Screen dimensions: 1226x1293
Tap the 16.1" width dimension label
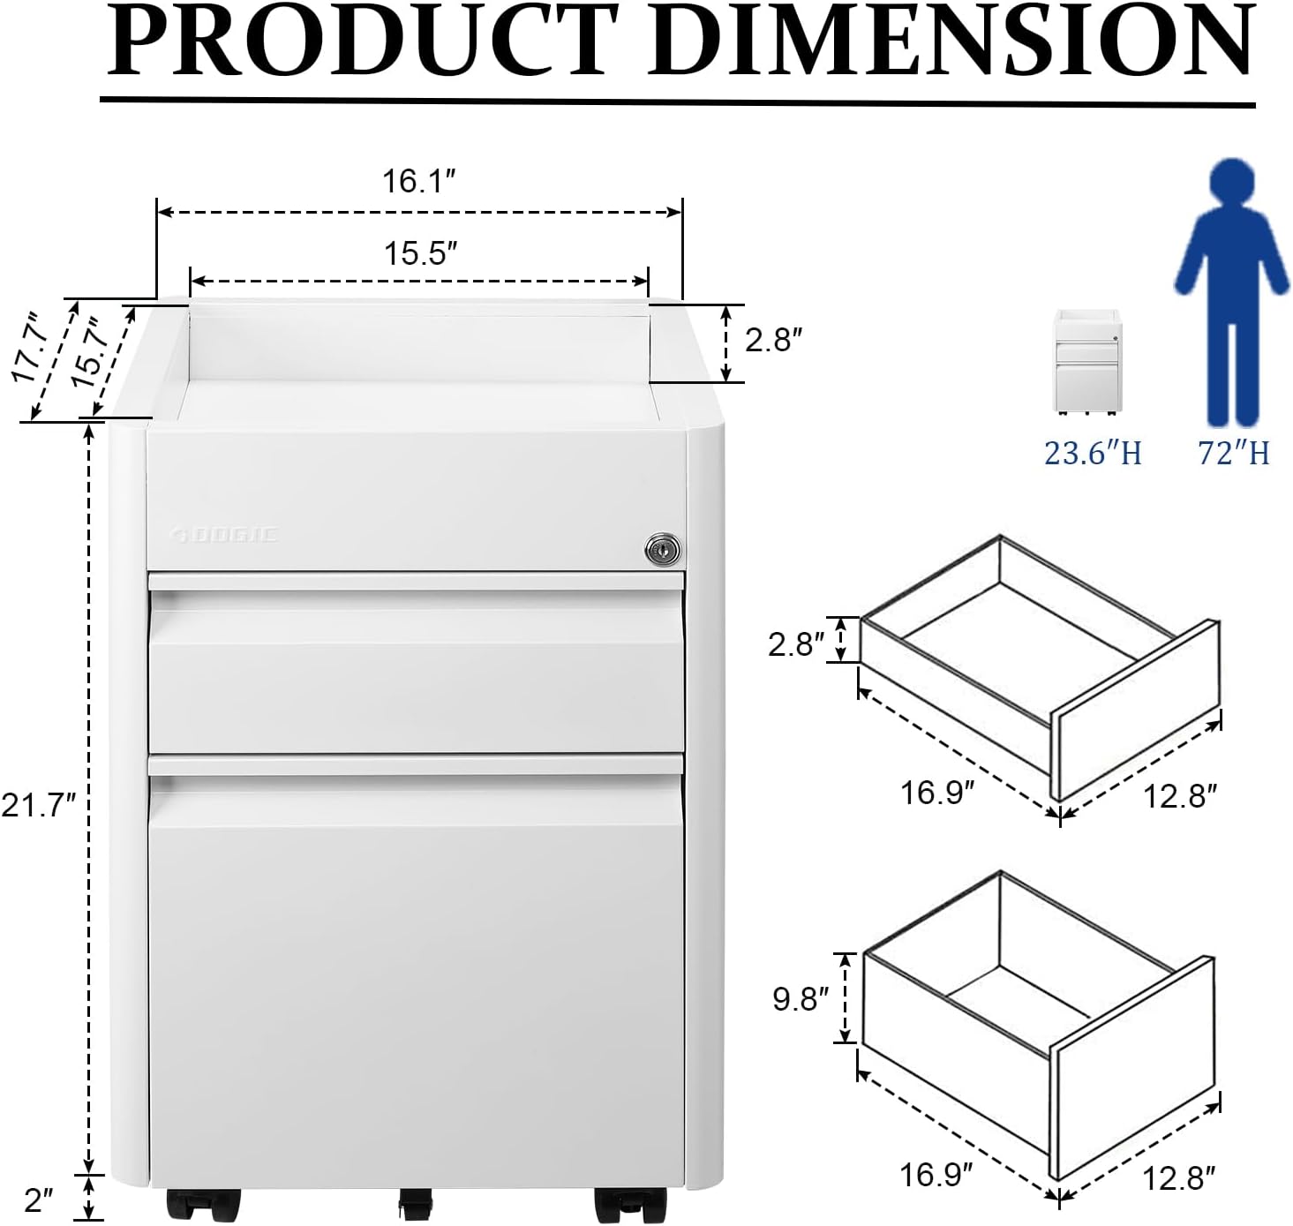(x=418, y=182)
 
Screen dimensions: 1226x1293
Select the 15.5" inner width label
(x=420, y=254)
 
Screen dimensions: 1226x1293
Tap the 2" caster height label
(x=39, y=1200)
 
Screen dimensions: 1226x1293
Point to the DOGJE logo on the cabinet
(x=224, y=534)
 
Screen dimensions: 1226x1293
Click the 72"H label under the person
(x=1233, y=454)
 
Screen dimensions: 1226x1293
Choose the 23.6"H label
(x=1093, y=454)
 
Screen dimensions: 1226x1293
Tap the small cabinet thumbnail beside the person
(x=1087, y=361)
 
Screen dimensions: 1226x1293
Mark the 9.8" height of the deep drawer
(x=801, y=999)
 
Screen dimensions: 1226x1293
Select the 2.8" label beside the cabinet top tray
(x=773, y=340)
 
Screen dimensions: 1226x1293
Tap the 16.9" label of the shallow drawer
(x=936, y=793)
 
